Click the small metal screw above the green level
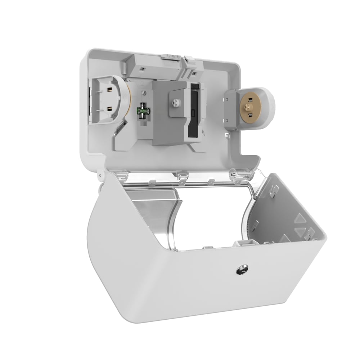click(x=144, y=93)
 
